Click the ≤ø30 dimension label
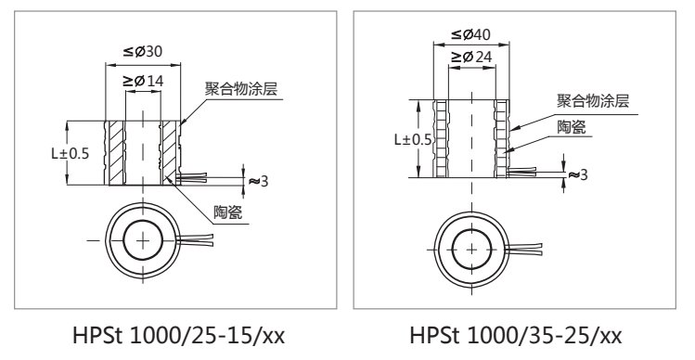pos(143,52)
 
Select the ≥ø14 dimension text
pos(143,81)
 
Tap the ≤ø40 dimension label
pos(470,34)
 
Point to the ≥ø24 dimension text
pos(471,58)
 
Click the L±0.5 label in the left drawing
pos(70,153)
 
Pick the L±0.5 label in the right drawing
pos(413,140)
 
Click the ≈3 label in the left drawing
pos(259,181)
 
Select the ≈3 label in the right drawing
pos(578,174)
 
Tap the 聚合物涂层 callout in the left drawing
pos(240,89)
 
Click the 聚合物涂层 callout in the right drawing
pos(593,100)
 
